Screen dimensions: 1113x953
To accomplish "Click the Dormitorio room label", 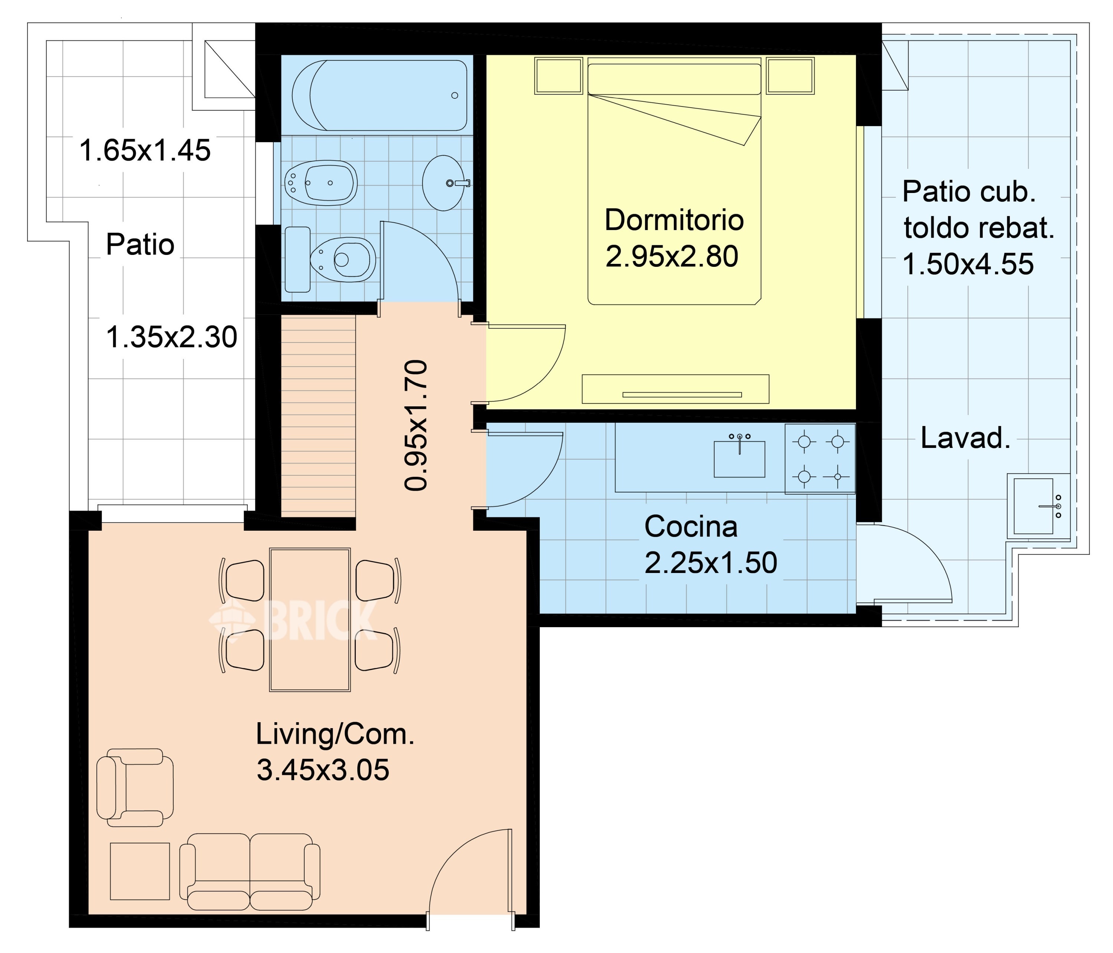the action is [674, 220].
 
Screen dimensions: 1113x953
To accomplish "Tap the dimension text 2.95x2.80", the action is [672, 256].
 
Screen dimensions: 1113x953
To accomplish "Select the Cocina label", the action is [691, 527].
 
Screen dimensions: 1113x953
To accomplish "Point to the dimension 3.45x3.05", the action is [323, 770].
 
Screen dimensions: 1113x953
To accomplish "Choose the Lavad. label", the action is [965, 438].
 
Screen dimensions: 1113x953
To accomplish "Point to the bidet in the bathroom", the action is [321, 183].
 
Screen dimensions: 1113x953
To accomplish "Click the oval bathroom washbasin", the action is [444, 183].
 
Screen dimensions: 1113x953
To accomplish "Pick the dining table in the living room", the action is [310, 619].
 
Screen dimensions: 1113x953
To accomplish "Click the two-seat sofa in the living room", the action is [250, 872].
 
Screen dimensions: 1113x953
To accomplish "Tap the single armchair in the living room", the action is [135, 787].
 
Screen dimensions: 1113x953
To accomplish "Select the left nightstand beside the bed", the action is [559, 76].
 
